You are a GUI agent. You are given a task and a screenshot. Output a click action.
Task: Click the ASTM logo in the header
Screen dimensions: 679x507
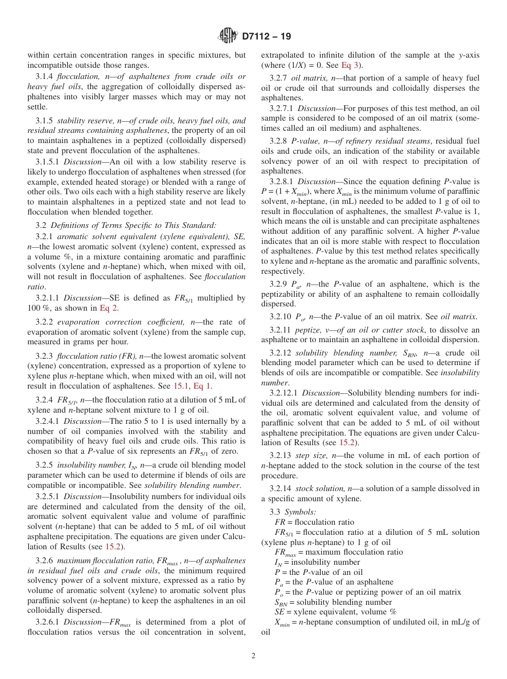[x=228, y=36]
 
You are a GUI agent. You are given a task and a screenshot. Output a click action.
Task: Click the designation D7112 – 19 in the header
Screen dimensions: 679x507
[x=266, y=37]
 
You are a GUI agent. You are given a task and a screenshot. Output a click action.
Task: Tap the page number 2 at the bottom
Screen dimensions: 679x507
[x=253, y=656]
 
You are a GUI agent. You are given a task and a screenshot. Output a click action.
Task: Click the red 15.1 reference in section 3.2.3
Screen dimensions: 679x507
[x=181, y=385]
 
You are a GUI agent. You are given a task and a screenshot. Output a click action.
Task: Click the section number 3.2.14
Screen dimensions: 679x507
[x=281, y=488]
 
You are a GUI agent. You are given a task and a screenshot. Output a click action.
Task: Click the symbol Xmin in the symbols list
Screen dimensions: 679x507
[x=283, y=622]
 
